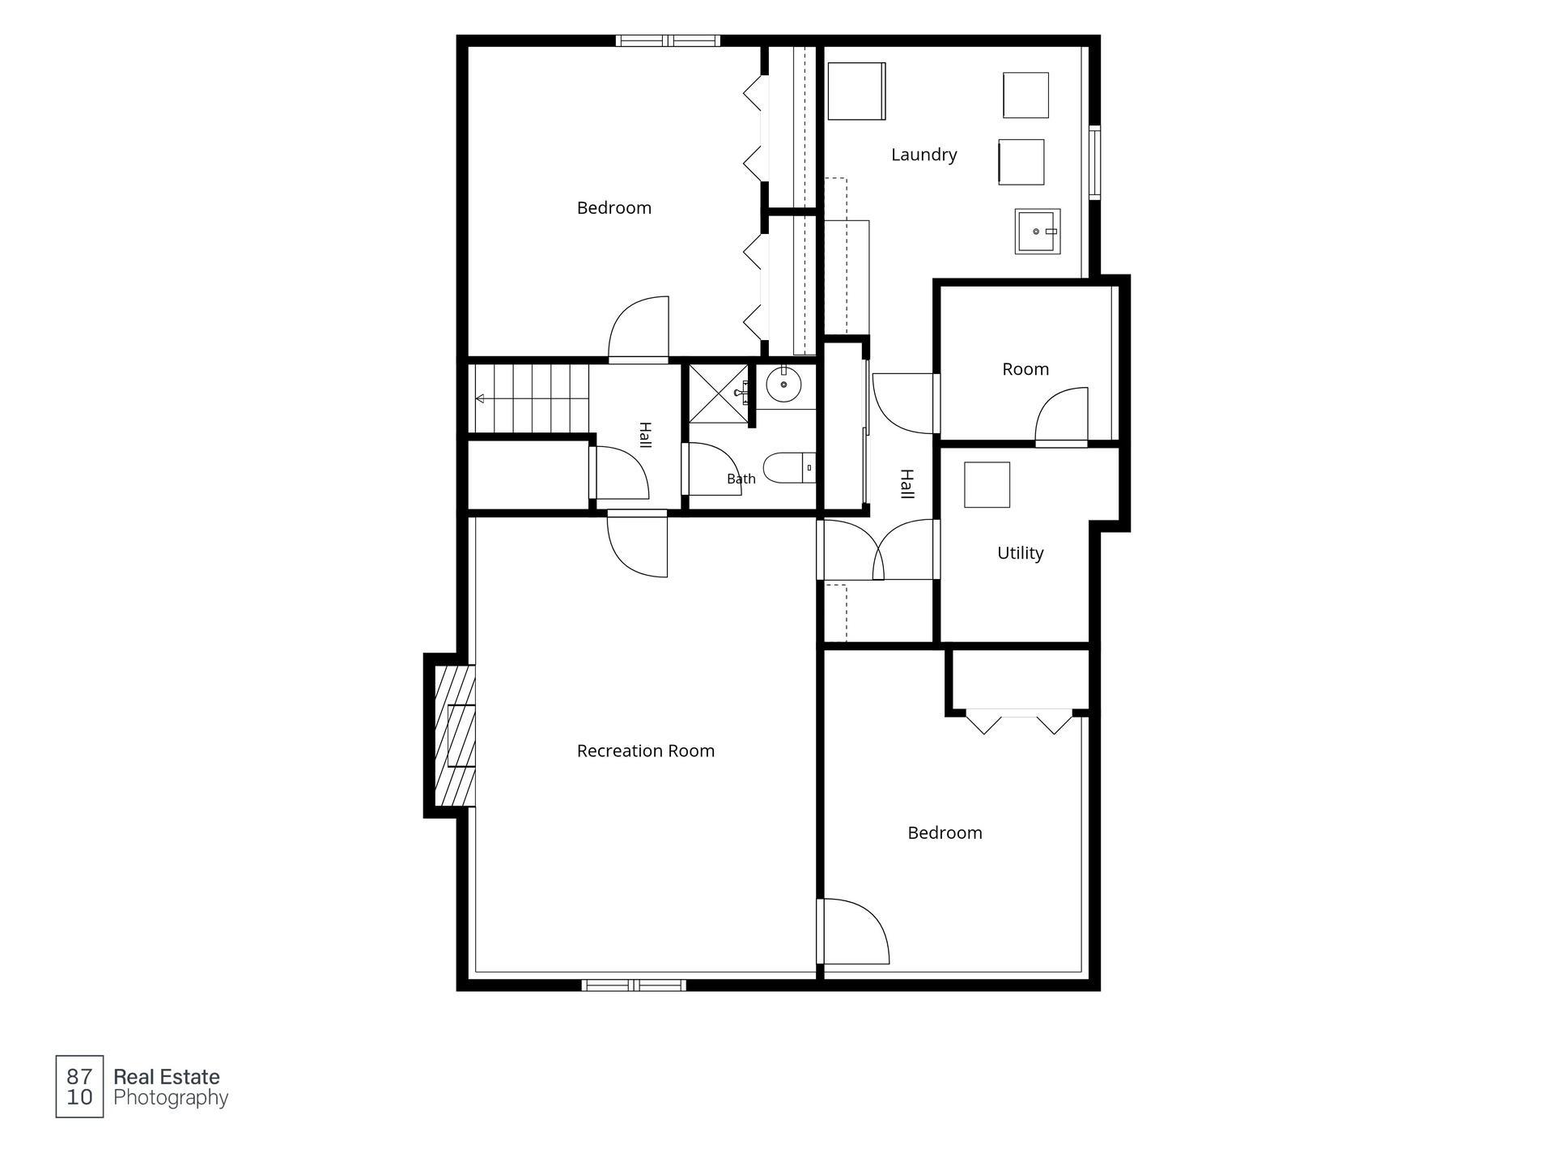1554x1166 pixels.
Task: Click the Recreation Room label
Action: pos(645,751)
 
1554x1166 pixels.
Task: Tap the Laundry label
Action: pos(923,155)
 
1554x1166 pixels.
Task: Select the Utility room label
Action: pos(1020,553)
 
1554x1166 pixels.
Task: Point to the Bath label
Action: pos(741,479)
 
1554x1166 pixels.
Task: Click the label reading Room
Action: pos(1025,369)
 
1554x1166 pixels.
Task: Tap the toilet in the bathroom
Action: pos(788,467)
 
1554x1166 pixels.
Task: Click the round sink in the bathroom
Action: pos(783,384)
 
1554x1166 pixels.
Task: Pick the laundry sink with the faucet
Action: pos(1037,232)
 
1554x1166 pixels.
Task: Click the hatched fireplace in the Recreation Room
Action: pos(455,735)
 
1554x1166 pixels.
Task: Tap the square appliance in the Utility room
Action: pos(987,485)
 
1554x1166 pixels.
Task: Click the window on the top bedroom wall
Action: pos(668,40)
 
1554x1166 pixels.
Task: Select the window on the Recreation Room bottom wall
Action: pos(634,985)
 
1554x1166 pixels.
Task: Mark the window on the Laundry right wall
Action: pos(1094,162)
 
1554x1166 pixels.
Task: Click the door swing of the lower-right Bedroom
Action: pos(856,931)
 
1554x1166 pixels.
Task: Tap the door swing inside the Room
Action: pos(1062,415)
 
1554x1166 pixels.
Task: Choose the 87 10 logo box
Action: pos(79,1087)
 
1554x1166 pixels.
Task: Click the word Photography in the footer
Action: pos(171,1099)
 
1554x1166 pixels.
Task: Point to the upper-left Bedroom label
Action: pos(614,208)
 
